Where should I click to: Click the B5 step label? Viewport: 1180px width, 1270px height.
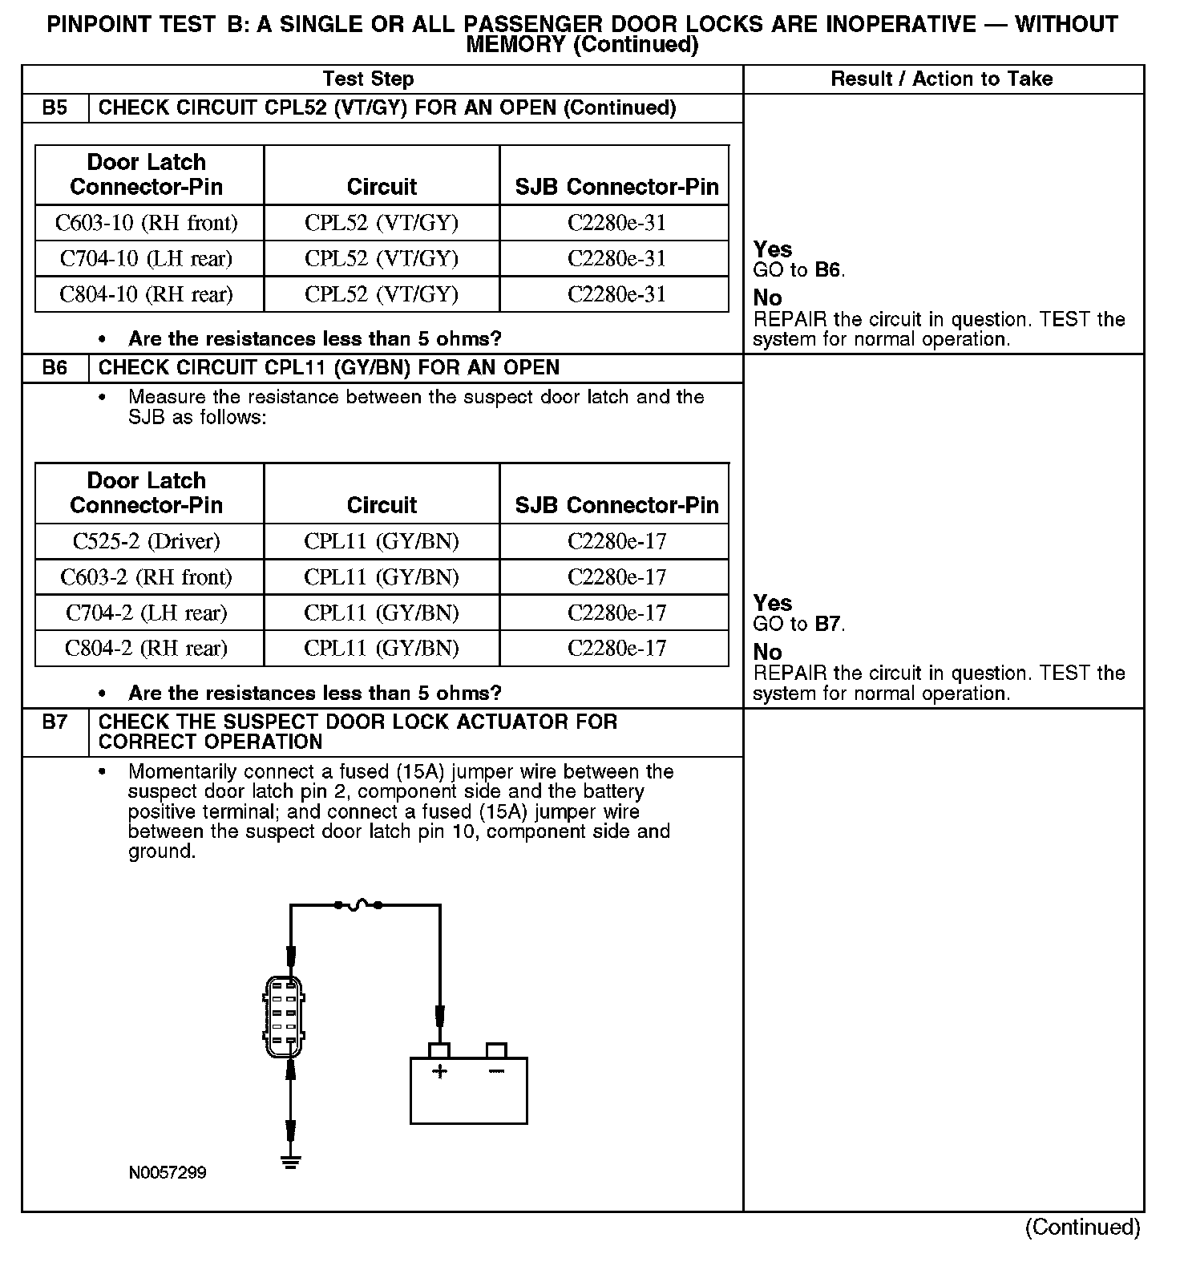tap(55, 108)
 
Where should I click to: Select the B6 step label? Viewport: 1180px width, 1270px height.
tap(55, 368)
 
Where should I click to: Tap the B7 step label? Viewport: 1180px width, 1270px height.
tap(55, 722)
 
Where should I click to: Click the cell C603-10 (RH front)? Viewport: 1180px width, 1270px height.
tap(147, 223)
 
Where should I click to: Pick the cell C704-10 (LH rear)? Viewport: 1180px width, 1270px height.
tap(147, 259)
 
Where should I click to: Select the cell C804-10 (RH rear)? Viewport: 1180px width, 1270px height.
tap(147, 294)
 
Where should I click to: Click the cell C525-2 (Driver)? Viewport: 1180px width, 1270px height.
tap(147, 541)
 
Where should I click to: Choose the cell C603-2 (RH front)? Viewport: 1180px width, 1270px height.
tap(147, 577)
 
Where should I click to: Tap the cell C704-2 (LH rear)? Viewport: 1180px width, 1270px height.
tap(147, 613)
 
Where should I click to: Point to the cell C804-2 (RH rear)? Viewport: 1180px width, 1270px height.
tap(147, 649)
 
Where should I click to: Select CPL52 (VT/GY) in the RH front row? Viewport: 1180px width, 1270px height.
tap(382, 223)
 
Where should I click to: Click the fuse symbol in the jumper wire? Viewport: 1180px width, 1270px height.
tap(358, 905)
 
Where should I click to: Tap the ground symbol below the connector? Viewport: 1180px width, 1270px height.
tap(290, 1162)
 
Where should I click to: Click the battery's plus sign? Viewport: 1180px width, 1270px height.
tap(439, 1071)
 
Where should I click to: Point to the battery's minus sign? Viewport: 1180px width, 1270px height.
tap(496, 1071)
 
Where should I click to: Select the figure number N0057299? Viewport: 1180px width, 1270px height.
tap(168, 1173)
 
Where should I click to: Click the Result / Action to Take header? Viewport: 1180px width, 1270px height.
tap(942, 79)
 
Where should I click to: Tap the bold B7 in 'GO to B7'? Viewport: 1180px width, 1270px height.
tap(829, 624)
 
